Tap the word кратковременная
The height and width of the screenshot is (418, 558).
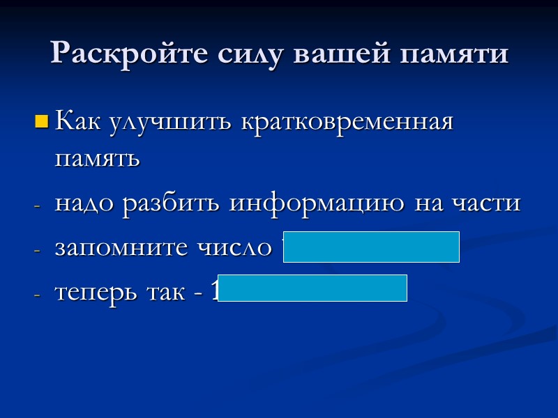click(347, 122)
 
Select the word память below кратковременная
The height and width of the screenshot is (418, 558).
click(97, 160)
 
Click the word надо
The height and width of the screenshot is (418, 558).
click(84, 203)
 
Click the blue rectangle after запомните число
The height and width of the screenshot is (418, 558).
click(371, 247)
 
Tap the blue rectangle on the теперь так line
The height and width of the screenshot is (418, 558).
click(317, 288)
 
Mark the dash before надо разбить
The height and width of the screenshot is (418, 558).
click(38, 206)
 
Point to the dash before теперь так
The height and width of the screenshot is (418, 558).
click(38, 293)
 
